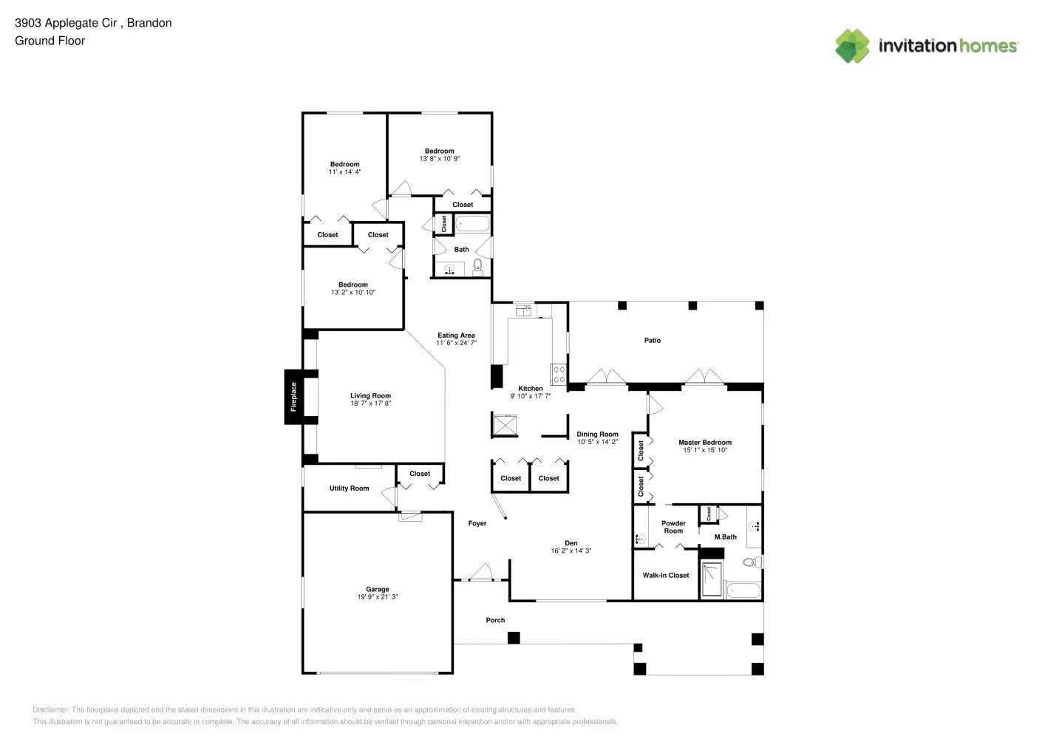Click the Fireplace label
click(293, 397)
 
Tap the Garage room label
click(377, 589)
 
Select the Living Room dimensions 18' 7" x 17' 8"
click(370, 403)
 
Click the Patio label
click(652, 340)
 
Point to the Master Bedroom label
click(705, 442)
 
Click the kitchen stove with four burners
click(559, 374)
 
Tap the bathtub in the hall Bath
click(472, 223)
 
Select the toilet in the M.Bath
click(751, 562)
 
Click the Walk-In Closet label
click(665, 575)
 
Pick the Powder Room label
click(673, 527)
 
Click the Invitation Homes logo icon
click(852, 46)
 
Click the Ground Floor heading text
click(50, 41)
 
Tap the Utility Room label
click(349, 488)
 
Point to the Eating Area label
click(456, 335)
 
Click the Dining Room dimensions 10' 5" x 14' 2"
click(597, 442)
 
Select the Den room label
click(571, 543)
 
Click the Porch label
click(495, 620)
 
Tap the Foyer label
click(477, 523)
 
